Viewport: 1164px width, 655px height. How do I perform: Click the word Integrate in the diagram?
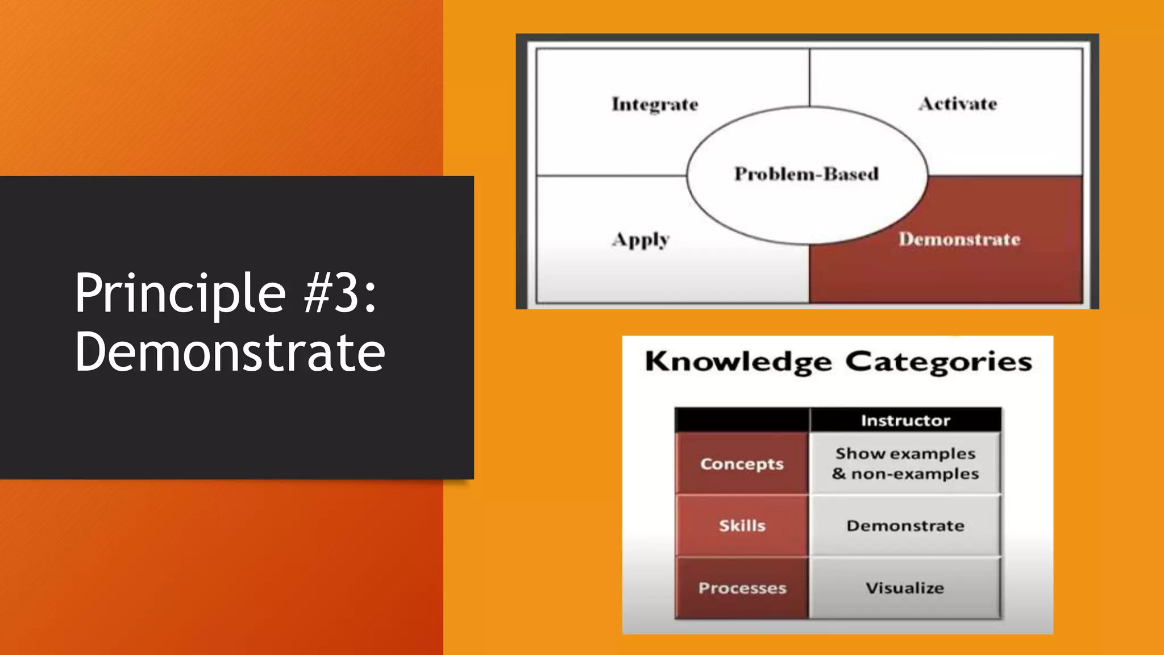(x=655, y=105)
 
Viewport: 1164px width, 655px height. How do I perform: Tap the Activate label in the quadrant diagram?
(x=958, y=104)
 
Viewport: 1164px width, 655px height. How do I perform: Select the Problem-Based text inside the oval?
(x=807, y=173)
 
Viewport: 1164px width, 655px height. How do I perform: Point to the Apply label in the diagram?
(x=641, y=240)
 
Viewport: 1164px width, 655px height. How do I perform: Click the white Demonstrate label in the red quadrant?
(x=959, y=239)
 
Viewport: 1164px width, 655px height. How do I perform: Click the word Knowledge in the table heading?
(x=738, y=362)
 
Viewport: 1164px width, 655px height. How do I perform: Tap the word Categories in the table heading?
(x=938, y=362)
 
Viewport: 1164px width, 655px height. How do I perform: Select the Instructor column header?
(x=905, y=421)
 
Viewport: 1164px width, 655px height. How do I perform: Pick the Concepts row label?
(x=742, y=464)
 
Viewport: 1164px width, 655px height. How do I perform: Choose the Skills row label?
(x=742, y=526)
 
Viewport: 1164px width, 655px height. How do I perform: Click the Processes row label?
(x=742, y=588)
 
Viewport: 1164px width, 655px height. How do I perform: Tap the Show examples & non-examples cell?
(x=905, y=463)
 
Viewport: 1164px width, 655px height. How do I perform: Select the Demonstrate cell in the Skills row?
(x=905, y=526)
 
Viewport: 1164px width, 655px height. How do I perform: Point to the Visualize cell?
(x=905, y=588)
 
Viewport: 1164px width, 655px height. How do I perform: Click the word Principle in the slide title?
(x=180, y=294)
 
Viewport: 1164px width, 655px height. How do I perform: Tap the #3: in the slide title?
(x=340, y=293)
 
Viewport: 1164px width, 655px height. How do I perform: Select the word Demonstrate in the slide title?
(x=230, y=353)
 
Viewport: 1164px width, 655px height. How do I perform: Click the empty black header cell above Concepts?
(x=742, y=420)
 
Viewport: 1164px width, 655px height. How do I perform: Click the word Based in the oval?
(x=851, y=173)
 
